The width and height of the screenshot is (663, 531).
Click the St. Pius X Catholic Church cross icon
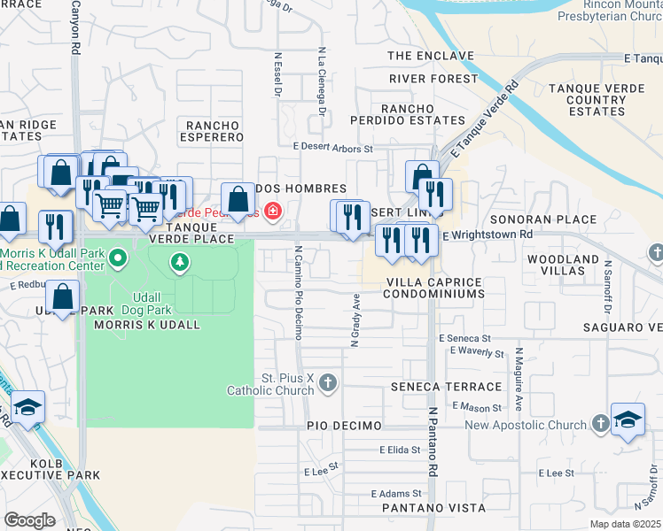328,382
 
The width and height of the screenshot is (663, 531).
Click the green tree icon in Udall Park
180,262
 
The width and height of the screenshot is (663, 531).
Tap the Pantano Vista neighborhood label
433,508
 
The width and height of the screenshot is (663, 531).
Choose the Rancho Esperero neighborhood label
211,131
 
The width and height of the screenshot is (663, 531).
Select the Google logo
29,520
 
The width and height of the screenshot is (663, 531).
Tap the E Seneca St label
464,339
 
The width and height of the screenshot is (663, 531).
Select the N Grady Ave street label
355,323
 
